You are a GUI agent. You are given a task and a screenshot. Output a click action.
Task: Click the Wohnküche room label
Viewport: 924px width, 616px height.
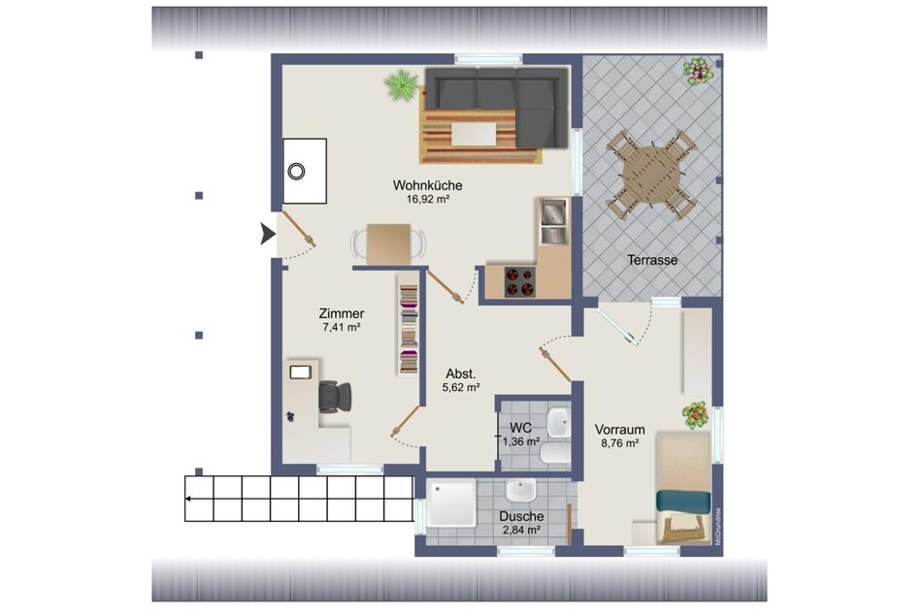point(427,185)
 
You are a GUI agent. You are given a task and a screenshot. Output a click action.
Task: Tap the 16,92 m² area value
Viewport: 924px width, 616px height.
point(428,199)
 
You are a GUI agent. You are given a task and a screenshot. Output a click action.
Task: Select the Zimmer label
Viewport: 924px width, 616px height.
point(342,313)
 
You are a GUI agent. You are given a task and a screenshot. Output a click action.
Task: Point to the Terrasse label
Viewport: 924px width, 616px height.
point(652,260)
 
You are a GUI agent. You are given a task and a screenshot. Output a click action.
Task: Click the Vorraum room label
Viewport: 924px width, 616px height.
point(619,430)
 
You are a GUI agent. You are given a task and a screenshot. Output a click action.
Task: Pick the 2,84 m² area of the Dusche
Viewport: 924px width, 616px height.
point(521,530)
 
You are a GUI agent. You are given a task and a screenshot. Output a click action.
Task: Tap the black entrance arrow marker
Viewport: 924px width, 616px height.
point(268,234)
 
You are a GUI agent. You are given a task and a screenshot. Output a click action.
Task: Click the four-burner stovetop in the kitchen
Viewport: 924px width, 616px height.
point(520,281)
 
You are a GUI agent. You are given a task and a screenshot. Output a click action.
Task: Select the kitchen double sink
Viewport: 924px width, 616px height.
point(553,221)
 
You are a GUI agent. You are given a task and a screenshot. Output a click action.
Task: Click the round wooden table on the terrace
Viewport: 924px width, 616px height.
point(652,175)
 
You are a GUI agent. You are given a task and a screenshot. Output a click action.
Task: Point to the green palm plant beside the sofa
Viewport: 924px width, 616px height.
point(402,85)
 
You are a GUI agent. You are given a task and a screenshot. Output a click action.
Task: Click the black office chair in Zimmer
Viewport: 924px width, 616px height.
point(334,397)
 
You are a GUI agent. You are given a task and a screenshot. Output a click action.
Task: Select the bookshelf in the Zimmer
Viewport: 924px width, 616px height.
point(409,329)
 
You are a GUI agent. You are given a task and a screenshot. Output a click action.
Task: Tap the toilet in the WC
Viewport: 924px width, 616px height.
point(553,453)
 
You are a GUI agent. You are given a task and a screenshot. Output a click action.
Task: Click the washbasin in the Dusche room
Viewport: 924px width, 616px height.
point(521,490)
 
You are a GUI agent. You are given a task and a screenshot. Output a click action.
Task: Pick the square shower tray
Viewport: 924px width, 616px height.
point(452,503)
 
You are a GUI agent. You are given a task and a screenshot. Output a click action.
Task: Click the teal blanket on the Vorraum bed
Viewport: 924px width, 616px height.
point(683,501)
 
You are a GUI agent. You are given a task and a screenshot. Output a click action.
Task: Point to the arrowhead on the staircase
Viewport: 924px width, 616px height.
point(188,499)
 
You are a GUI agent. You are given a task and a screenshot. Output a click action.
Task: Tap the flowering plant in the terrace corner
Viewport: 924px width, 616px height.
point(699,71)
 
